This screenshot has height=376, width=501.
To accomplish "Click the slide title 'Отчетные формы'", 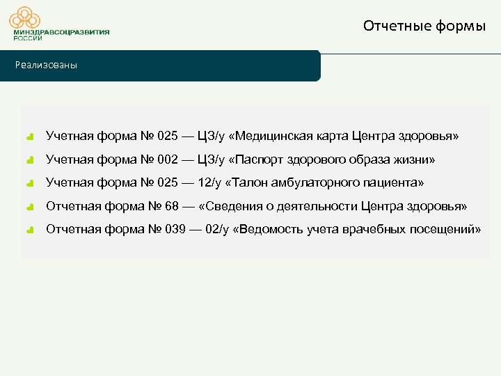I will (x=424, y=26).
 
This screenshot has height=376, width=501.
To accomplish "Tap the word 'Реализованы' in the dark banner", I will (x=47, y=65).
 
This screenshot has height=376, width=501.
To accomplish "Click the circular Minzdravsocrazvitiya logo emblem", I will (x=29, y=16).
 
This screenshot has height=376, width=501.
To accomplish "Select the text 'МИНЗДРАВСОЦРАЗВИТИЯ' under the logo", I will (x=61, y=32).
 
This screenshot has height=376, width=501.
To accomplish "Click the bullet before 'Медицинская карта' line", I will (x=30, y=136).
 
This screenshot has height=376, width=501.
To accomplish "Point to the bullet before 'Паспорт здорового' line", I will (x=30, y=160).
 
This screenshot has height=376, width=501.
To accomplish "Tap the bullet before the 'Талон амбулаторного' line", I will (x=30, y=184).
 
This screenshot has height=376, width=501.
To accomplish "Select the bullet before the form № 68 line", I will (x=30, y=207).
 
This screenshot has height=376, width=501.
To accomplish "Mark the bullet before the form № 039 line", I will (x=30, y=230).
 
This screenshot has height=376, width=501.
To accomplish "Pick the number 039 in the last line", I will (x=176, y=230).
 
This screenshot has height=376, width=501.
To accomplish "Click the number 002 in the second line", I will (x=168, y=160).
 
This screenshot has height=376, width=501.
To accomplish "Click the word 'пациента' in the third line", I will (x=394, y=183).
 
